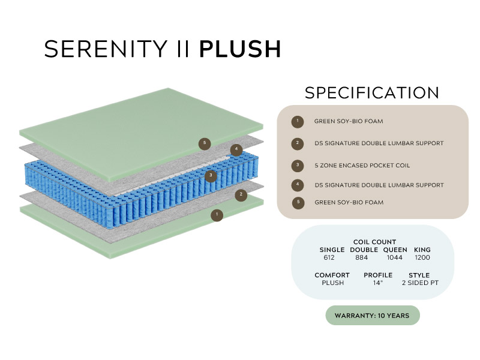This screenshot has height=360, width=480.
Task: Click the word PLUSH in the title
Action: [x=240, y=49]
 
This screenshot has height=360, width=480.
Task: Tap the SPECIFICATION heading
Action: [x=372, y=93]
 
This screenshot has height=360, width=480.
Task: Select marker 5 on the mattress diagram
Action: [x=205, y=143]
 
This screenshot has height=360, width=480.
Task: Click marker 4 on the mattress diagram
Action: [x=236, y=150]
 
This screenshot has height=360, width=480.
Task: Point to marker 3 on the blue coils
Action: [x=210, y=176]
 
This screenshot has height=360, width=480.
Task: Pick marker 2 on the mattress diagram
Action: [x=241, y=194]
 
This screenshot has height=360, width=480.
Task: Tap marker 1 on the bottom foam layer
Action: [x=217, y=214]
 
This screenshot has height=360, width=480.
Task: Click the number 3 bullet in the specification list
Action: [x=297, y=165]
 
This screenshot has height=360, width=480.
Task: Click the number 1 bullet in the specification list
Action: [x=297, y=121]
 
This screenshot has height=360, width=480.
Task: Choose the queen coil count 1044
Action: [x=395, y=257]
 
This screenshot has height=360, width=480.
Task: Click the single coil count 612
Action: [x=329, y=257]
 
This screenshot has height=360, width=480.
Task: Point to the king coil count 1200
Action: [x=422, y=257]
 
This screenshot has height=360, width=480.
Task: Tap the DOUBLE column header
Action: [x=364, y=250]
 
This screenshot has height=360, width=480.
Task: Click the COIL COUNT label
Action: [x=374, y=242]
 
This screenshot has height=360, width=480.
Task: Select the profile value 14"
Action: [x=378, y=283]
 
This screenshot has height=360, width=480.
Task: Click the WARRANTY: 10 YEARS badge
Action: [x=373, y=315]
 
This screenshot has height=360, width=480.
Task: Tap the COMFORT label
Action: [x=332, y=275]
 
